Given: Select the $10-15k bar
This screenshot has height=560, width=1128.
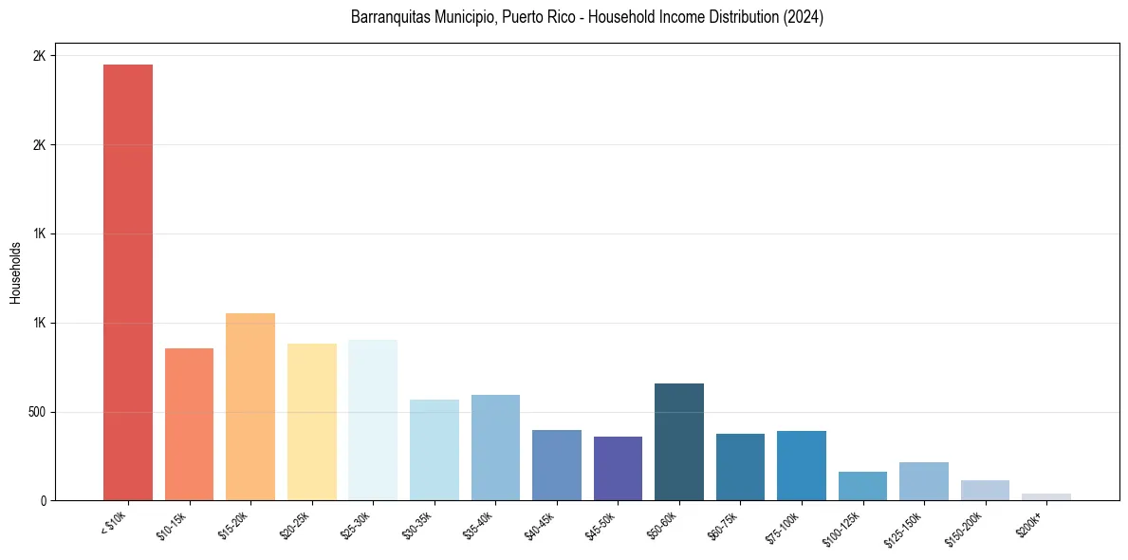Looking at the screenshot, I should pyautogui.click(x=189, y=424).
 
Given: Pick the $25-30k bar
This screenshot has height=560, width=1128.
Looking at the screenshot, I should pyautogui.click(x=373, y=420).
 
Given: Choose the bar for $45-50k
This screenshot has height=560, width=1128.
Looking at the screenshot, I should pyautogui.click(x=618, y=468).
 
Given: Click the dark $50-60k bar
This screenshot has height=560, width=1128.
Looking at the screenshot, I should pyautogui.click(x=679, y=441).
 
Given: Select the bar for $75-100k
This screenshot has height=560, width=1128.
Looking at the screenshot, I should pyautogui.click(x=802, y=465).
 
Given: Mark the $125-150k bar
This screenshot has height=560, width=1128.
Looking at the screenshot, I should pyautogui.click(x=924, y=481).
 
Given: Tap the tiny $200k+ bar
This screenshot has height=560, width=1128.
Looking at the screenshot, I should pyautogui.click(x=1046, y=496).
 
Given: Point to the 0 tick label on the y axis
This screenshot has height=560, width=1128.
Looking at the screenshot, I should pyautogui.click(x=42, y=500).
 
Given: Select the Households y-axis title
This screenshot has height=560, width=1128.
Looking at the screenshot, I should pyautogui.click(x=15, y=272).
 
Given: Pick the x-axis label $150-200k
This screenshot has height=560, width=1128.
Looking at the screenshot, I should pyautogui.click(x=968, y=527).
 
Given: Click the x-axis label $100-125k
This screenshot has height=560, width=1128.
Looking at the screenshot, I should pyautogui.click(x=845, y=527).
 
